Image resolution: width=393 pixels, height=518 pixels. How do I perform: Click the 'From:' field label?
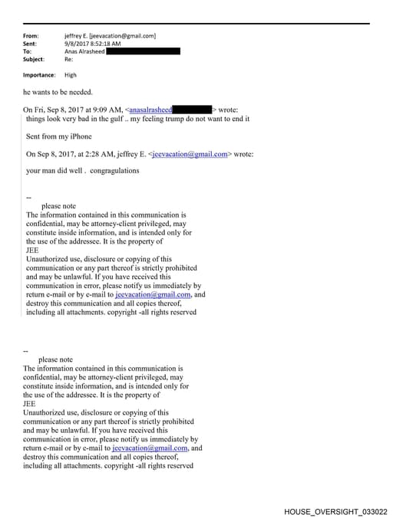(x=31, y=36)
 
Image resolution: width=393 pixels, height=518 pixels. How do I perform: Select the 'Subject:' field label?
(x=34, y=59)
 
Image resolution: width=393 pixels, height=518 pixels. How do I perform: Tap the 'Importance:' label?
(x=39, y=75)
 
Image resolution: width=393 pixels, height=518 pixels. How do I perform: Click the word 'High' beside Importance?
(x=71, y=75)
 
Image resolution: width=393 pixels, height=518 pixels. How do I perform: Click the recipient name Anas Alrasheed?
(x=84, y=51)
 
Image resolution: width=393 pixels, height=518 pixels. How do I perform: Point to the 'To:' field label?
(x=28, y=51)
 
